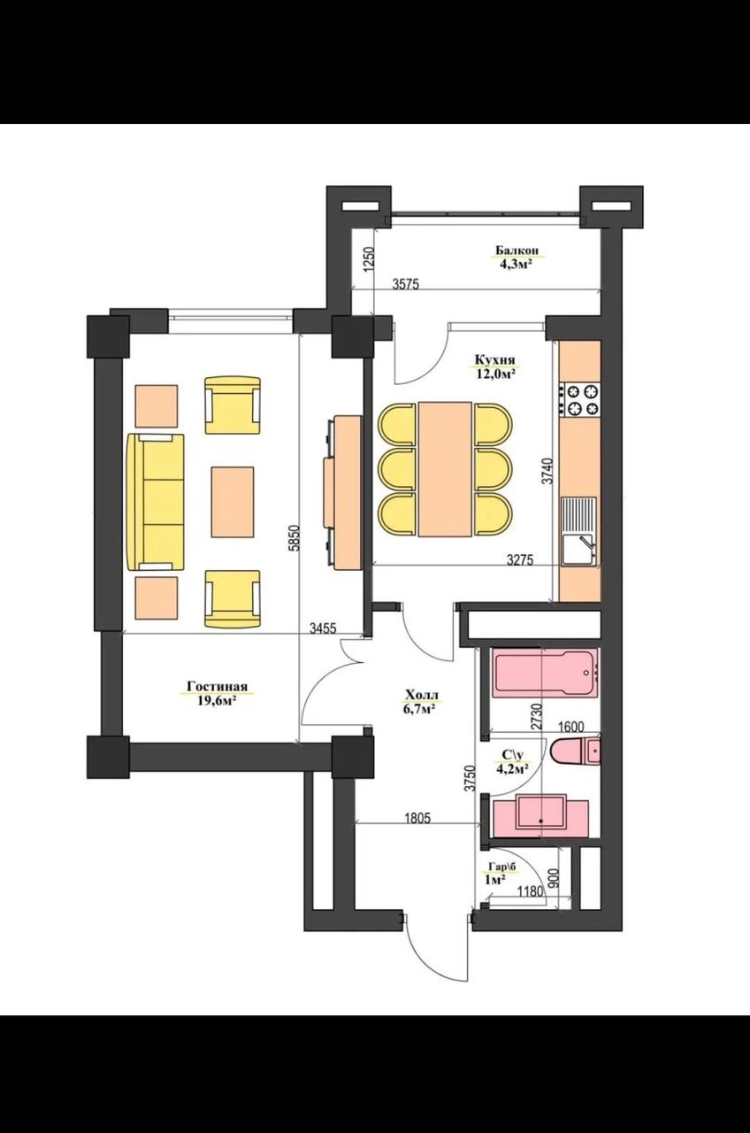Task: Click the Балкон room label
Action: [517, 250]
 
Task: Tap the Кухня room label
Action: [494, 359]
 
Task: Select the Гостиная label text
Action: [218, 686]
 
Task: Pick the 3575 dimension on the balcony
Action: [406, 284]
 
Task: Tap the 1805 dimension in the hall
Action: [417, 818]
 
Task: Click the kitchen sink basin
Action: [578, 549]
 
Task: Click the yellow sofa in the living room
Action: [156, 502]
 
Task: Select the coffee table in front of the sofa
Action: [232, 502]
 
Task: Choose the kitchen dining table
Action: [445, 469]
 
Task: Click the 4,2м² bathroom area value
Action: [512, 769]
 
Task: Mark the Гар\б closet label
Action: [501, 867]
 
